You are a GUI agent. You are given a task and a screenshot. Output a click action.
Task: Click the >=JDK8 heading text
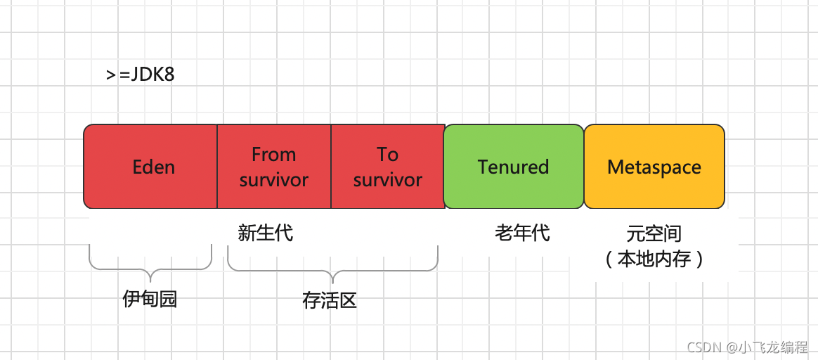141,75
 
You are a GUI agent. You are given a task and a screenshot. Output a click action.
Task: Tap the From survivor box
273,197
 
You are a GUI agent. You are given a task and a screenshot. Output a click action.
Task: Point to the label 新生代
265,233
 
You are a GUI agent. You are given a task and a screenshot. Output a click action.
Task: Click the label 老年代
522,233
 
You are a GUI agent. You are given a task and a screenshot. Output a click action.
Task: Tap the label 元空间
654,233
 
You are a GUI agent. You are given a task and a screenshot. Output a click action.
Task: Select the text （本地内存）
654,259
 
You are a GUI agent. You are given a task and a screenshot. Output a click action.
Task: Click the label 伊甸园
150,299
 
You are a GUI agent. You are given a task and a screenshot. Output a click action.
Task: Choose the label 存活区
330,300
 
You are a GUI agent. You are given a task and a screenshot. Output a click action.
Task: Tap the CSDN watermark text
747,347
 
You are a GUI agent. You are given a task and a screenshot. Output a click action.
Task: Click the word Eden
154,167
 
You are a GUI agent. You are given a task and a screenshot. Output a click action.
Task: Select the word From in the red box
273,154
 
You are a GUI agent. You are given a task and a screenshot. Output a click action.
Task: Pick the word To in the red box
387,154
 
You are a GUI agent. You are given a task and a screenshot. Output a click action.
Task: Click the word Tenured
514,167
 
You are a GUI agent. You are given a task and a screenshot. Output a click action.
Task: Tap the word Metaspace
654,167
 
